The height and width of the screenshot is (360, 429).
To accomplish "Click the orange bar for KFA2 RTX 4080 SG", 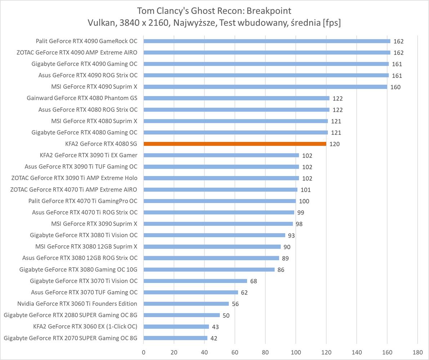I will tap(235, 144).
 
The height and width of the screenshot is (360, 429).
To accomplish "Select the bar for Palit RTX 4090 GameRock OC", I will tap(267, 41).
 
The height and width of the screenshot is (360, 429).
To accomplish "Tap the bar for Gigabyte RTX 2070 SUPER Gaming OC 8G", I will tap(175, 338).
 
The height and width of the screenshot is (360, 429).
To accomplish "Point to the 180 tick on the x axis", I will tap(418, 352).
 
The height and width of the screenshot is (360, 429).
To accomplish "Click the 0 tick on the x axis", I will tap(144, 352).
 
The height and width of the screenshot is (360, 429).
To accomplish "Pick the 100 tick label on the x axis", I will tap(296, 352).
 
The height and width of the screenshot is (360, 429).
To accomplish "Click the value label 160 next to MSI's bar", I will tap(395, 87).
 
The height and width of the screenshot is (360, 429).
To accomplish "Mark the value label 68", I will tap(254, 281).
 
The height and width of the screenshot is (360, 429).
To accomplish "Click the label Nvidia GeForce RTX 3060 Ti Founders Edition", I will tap(77, 304).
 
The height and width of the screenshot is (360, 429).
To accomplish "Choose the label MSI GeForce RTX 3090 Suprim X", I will tap(94, 224).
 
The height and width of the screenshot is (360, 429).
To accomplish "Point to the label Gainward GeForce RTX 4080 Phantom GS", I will tap(82, 98).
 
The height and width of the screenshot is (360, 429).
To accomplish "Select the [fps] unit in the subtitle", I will tap(332, 23).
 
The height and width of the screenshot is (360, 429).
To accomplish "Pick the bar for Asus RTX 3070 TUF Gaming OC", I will tap(191, 292).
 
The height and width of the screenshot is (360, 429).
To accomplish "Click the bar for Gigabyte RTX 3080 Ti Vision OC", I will tap(214, 235).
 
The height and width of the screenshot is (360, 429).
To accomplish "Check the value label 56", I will tap(235, 304).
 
